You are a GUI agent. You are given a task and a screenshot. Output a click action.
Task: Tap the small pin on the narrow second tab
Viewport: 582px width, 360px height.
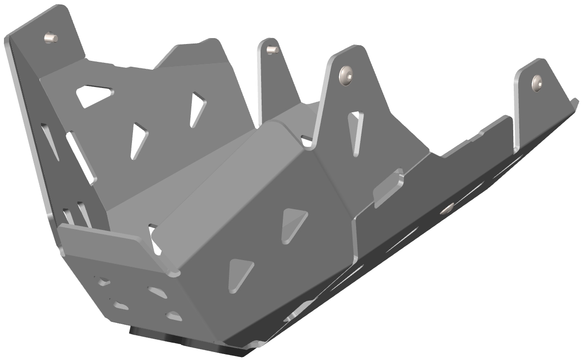271,49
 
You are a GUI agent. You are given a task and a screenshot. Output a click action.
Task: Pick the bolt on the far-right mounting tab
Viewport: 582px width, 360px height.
538,83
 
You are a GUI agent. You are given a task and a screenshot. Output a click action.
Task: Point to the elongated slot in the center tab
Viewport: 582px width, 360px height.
354,132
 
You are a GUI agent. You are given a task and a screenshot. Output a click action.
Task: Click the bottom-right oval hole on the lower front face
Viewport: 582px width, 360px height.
173,315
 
